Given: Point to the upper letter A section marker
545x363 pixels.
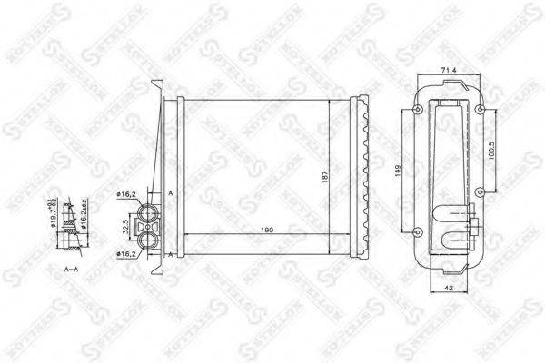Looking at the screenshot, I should [x=170, y=192].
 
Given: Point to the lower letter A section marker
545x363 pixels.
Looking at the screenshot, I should [x=170, y=255].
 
